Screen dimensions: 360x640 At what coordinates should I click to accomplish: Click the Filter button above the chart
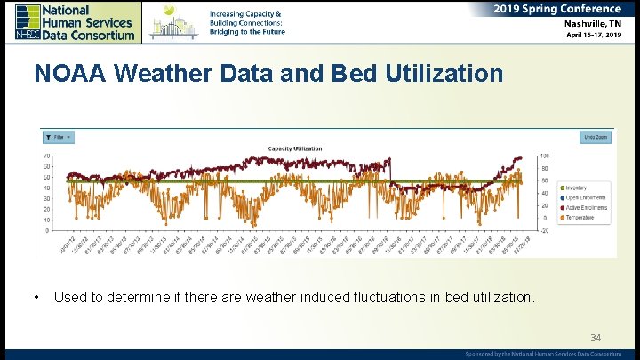(59, 138)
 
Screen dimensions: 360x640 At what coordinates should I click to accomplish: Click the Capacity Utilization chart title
(295, 148)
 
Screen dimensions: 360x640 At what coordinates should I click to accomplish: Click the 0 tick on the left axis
(47, 230)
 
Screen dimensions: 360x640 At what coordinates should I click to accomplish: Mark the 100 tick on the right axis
(544, 156)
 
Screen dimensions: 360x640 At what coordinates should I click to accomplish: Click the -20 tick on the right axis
(544, 230)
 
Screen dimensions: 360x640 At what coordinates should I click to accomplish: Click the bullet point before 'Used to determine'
(34, 297)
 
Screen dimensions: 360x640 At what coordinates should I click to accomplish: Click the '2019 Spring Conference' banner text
(557, 9)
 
